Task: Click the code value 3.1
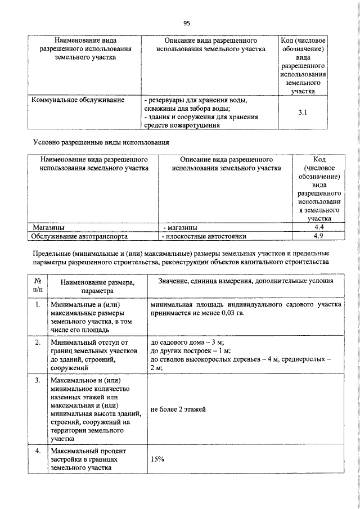pyautogui.click(x=302, y=112)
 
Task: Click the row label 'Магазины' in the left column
pyautogui.click(x=48, y=227)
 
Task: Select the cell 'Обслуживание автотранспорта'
pyautogui.click(x=79, y=236)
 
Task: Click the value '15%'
pyautogui.click(x=157, y=459)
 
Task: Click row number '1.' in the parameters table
pyautogui.click(x=38, y=305)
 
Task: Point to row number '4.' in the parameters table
pyautogui.click(x=38, y=451)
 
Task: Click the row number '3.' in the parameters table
pyautogui.click(x=38, y=381)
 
